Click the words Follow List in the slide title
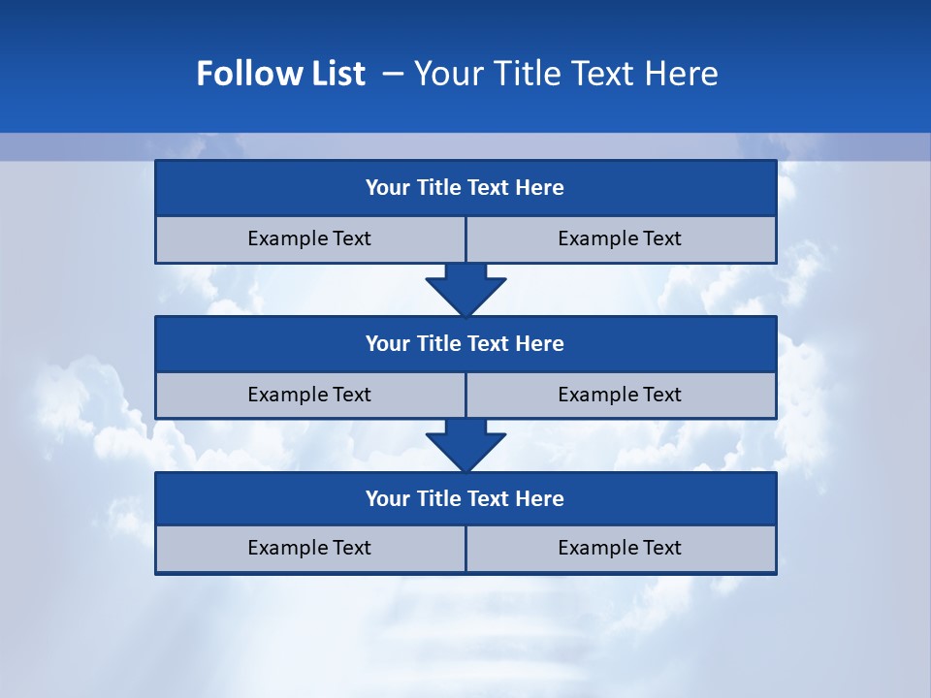click(x=280, y=74)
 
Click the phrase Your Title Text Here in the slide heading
click(x=565, y=74)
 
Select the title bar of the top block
click(x=465, y=188)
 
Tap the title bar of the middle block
click(x=465, y=344)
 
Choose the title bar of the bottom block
click(x=465, y=499)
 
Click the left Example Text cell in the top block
click(x=309, y=238)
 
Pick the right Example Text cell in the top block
click(x=620, y=238)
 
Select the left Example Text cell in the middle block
click(x=309, y=395)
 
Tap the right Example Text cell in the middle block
click(x=620, y=395)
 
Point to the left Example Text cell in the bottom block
click(x=309, y=548)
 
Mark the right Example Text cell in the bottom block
click(x=620, y=548)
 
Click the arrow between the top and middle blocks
click(x=465, y=290)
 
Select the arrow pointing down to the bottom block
click(x=465, y=445)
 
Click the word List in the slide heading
click(x=336, y=74)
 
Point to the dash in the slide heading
click(x=394, y=74)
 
